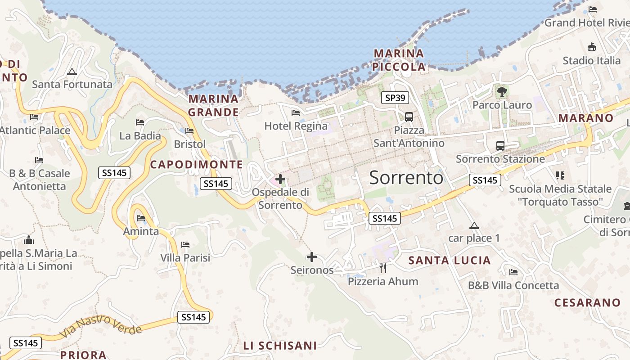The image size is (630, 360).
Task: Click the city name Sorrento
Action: click(406, 178)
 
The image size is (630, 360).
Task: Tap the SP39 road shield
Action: click(395, 97)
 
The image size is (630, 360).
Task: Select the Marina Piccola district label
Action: click(399, 60)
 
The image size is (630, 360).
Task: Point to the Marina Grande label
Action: click(213, 105)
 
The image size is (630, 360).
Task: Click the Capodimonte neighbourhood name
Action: click(196, 164)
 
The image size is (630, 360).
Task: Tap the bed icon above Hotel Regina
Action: click(296, 112)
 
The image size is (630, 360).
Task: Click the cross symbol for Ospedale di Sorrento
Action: click(280, 180)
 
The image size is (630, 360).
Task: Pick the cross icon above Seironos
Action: click(311, 257)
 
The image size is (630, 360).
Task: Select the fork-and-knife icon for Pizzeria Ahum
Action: click(383, 268)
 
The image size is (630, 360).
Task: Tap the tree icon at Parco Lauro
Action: click(502, 92)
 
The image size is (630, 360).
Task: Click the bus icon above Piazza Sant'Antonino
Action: click(409, 117)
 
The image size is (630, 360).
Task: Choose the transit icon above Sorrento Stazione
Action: click(500, 146)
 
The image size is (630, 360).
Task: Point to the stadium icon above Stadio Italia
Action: click(592, 47)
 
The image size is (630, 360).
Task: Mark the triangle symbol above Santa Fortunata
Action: click(72, 72)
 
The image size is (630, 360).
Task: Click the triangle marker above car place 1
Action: click(473, 225)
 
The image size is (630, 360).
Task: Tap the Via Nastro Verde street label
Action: click(100, 327)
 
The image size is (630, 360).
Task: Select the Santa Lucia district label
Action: click(449, 260)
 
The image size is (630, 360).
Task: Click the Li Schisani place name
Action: click(280, 346)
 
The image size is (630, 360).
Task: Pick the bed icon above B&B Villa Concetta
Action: click(513, 272)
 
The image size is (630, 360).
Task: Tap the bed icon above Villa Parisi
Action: click(185, 245)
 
